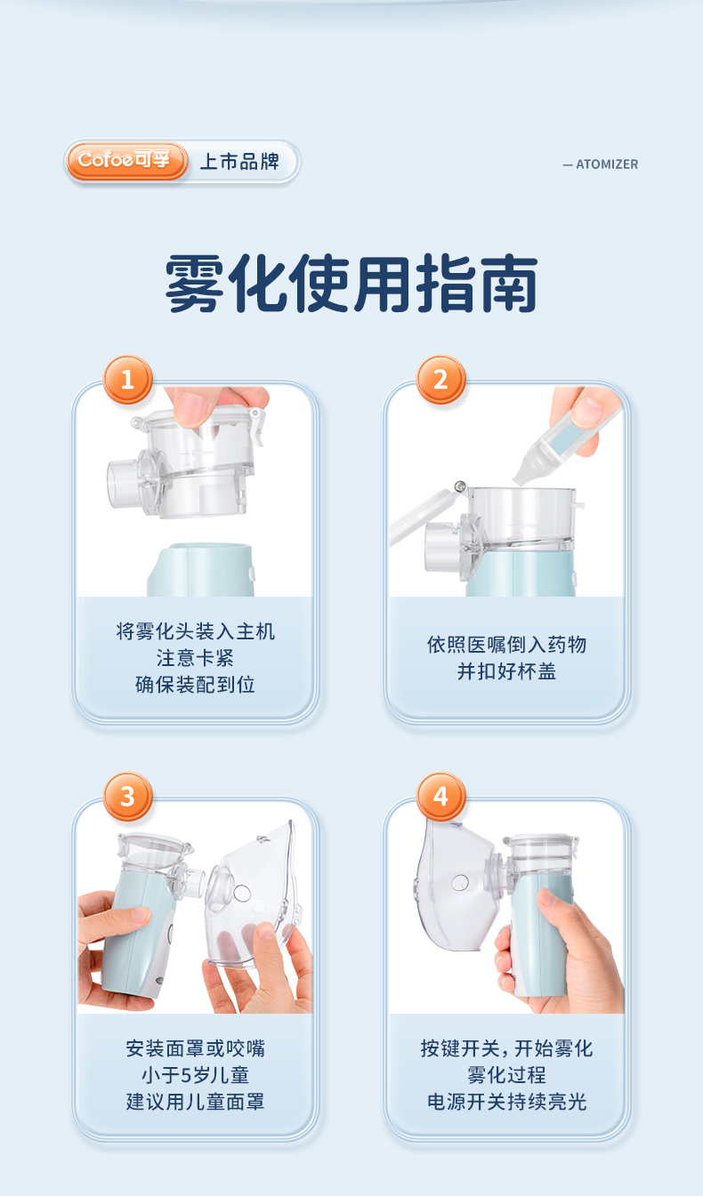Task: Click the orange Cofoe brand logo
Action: point(126,161)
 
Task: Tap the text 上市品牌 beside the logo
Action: point(239,161)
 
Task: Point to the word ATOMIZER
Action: point(607,165)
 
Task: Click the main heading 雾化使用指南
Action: point(351,283)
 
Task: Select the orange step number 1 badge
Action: point(127,380)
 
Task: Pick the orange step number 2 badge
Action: point(440,380)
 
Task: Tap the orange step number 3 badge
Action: point(127,797)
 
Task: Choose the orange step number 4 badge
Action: point(440,797)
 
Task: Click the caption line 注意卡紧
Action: point(195,658)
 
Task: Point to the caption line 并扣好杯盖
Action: point(506,671)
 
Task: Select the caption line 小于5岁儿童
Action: point(195,1075)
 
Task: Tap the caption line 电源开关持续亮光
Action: point(506,1102)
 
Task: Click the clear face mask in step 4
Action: point(455,886)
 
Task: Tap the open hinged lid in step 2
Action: point(424,515)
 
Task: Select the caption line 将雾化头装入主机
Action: point(195,631)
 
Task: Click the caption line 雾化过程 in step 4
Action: point(506,1075)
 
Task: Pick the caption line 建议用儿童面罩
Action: point(195,1102)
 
